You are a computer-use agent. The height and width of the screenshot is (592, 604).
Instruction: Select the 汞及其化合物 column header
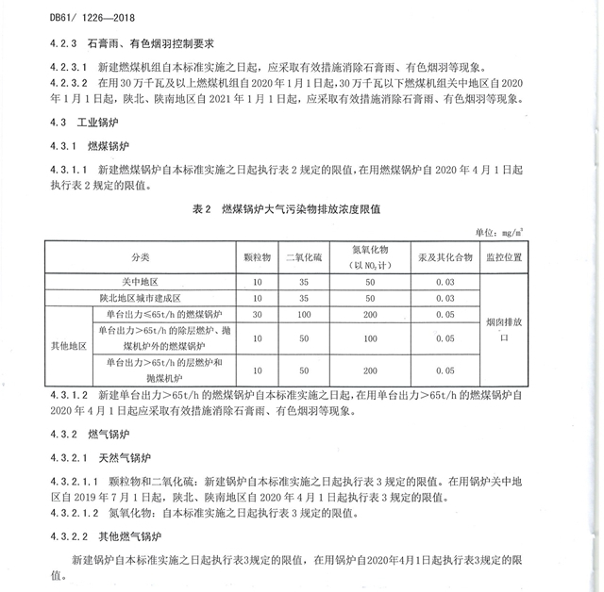[x=443, y=256]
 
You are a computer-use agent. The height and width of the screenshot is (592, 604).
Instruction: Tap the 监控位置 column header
[x=508, y=256]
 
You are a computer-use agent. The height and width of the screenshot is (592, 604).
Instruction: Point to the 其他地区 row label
[x=68, y=345]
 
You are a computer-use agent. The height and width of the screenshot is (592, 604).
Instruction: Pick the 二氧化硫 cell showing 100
[x=304, y=313]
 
